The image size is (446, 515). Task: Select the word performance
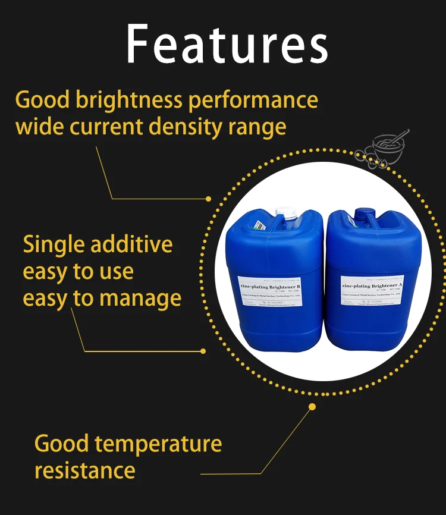coord(253,100)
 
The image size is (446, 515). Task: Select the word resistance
coord(85,470)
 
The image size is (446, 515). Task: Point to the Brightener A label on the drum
coord(375,286)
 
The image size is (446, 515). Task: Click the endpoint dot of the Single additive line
coord(203,351)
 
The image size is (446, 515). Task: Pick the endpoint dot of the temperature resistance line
coord(312,407)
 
